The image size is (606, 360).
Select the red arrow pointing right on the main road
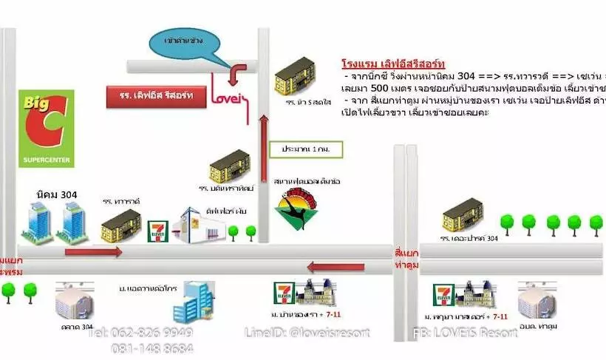click(x=94, y=252)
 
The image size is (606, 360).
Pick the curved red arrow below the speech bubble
click(x=238, y=73)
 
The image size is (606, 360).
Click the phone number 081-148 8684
click(x=153, y=347)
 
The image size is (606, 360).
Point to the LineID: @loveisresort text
click(x=307, y=333)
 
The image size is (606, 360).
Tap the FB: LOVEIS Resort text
click(x=465, y=333)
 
